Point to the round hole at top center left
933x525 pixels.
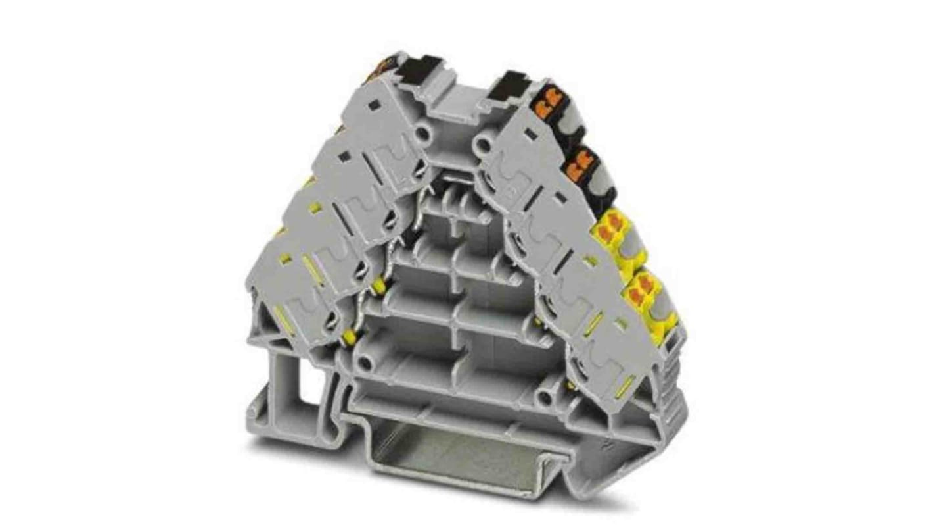point(424,135)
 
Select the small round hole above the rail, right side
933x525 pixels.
point(545,398)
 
